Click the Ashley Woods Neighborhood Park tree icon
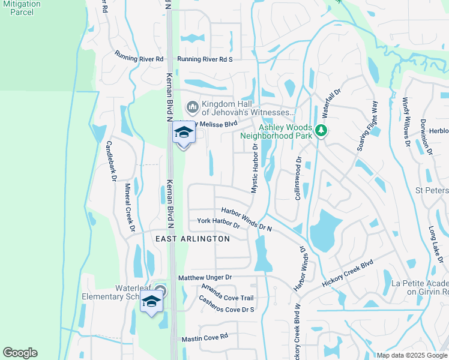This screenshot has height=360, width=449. point(321,130)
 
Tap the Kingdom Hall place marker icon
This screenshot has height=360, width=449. point(193,107)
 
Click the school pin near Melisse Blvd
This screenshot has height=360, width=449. point(184,134)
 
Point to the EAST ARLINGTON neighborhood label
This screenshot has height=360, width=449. point(193,239)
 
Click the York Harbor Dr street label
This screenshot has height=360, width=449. point(218,221)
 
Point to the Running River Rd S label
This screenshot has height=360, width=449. point(205,59)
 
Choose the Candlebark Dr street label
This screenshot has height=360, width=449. point(110,160)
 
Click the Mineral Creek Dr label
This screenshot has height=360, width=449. point(129,205)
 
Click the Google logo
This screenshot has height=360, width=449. point(20,353)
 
